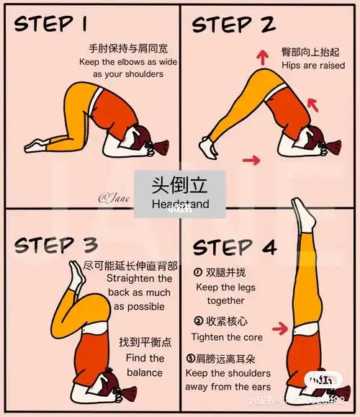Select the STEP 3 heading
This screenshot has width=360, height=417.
click(x=55, y=245)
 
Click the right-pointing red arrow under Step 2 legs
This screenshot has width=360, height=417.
click(x=252, y=158)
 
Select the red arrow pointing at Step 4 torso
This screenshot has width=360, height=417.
click(x=279, y=329)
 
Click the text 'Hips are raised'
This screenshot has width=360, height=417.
click(x=312, y=66)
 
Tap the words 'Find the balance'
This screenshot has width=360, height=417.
click(x=145, y=365)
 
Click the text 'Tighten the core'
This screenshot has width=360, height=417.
click(x=226, y=337)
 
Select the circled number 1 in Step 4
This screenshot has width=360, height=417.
click(x=198, y=273)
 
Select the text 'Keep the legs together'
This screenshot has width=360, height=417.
click(x=225, y=293)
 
